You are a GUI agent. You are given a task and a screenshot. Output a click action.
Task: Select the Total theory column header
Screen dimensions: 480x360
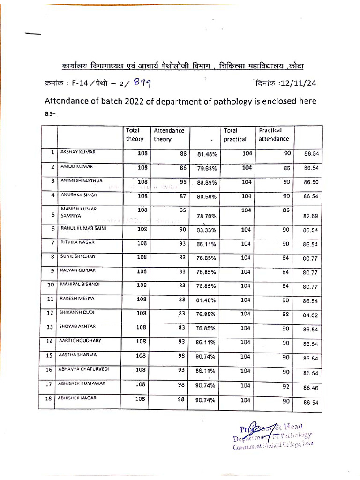coord(135,135)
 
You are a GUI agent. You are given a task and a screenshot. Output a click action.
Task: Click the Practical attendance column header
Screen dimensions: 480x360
coord(274,135)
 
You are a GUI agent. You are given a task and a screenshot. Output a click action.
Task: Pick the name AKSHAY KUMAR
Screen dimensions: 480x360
coord(77,152)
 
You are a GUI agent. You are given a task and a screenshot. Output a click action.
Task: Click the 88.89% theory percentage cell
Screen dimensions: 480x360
coord(206,183)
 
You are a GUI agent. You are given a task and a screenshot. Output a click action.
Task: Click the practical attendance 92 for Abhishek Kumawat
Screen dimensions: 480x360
coord(287,386)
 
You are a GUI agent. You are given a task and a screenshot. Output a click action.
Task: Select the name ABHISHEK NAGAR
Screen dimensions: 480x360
coord(78,398)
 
